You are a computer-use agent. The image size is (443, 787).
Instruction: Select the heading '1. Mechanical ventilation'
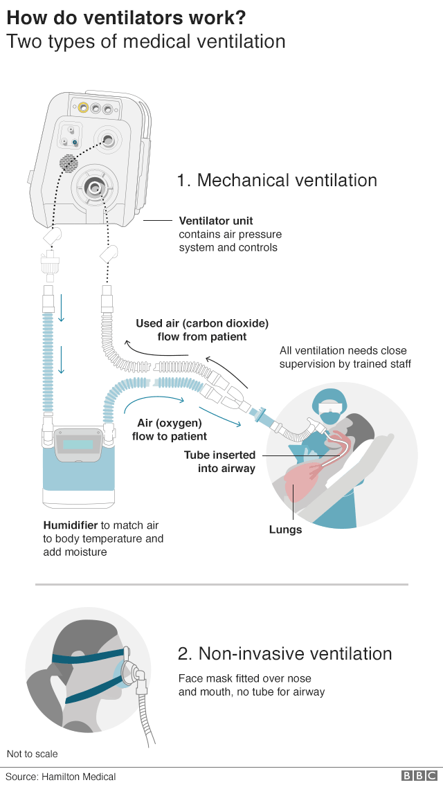(x=277, y=181)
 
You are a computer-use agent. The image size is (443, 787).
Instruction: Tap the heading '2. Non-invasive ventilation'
(x=284, y=653)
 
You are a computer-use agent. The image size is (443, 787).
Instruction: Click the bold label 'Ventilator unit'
(x=216, y=221)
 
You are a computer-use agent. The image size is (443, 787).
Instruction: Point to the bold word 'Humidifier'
(x=70, y=525)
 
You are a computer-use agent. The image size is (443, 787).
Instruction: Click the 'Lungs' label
(x=285, y=530)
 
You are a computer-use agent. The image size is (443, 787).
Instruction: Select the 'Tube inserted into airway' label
(x=219, y=462)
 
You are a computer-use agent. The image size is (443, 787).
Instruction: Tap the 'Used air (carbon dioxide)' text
(x=202, y=323)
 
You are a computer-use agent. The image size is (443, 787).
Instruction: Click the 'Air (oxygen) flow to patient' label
(x=170, y=429)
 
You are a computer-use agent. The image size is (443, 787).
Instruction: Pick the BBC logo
(x=419, y=776)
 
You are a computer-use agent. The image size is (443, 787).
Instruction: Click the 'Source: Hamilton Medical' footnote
(x=61, y=777)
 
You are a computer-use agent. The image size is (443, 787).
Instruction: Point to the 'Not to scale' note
(x=33, y=754)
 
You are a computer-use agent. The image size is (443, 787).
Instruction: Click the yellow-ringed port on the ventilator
(x=83, y=108)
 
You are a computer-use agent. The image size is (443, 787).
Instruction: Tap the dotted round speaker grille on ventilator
(x=68, y=163)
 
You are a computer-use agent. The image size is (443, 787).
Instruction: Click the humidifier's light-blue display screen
(x=78, y=444)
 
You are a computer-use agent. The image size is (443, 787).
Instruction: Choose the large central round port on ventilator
(x=94, y=186)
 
